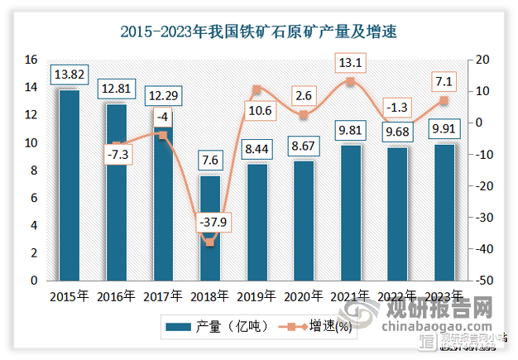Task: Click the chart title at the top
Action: click(259, 33)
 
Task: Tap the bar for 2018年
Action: click(210, 228)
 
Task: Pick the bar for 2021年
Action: click(351, 213)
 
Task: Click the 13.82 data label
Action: click(70, 74)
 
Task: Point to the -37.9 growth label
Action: click(210, 223)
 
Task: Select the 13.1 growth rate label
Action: click(351, 62)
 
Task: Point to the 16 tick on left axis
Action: click(31, 60)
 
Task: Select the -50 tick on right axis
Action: click(482, 281)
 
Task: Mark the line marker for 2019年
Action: click(257, 89)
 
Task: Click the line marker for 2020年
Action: click(304, 114)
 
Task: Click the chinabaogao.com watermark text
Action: click(439, 329)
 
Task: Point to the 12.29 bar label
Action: click(163, 96)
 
